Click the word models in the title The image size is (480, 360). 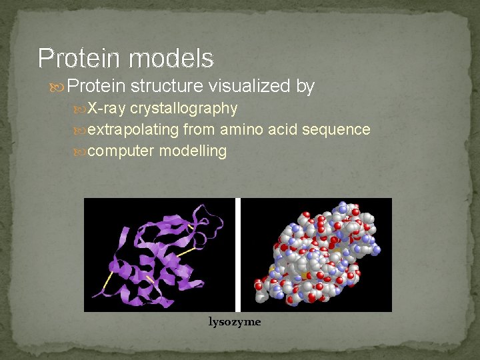click(x=171, y=59)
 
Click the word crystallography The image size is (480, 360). click(x=183, y=109)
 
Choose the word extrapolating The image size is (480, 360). click(x=133, y=130)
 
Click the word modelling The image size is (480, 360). click(x=193, y=151)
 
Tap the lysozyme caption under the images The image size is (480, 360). click(x=235, y=322)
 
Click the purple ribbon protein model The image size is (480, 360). click(x=159, y=254)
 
